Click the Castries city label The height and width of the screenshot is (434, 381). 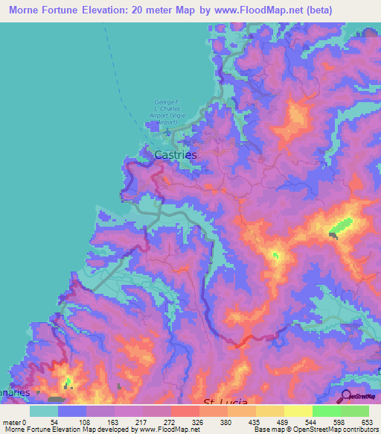pyautogui.click(x=176, y=155)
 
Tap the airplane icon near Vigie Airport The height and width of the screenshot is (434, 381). pyautogui.click(x=168, y=134)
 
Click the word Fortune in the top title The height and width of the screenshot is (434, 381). pyautogui.click(x=74, y=10)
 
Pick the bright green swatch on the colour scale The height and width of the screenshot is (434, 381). pyautogui.click(x=325, y=411)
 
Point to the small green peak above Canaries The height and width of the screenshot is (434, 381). pyautogui.click(x=68, y=383)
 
